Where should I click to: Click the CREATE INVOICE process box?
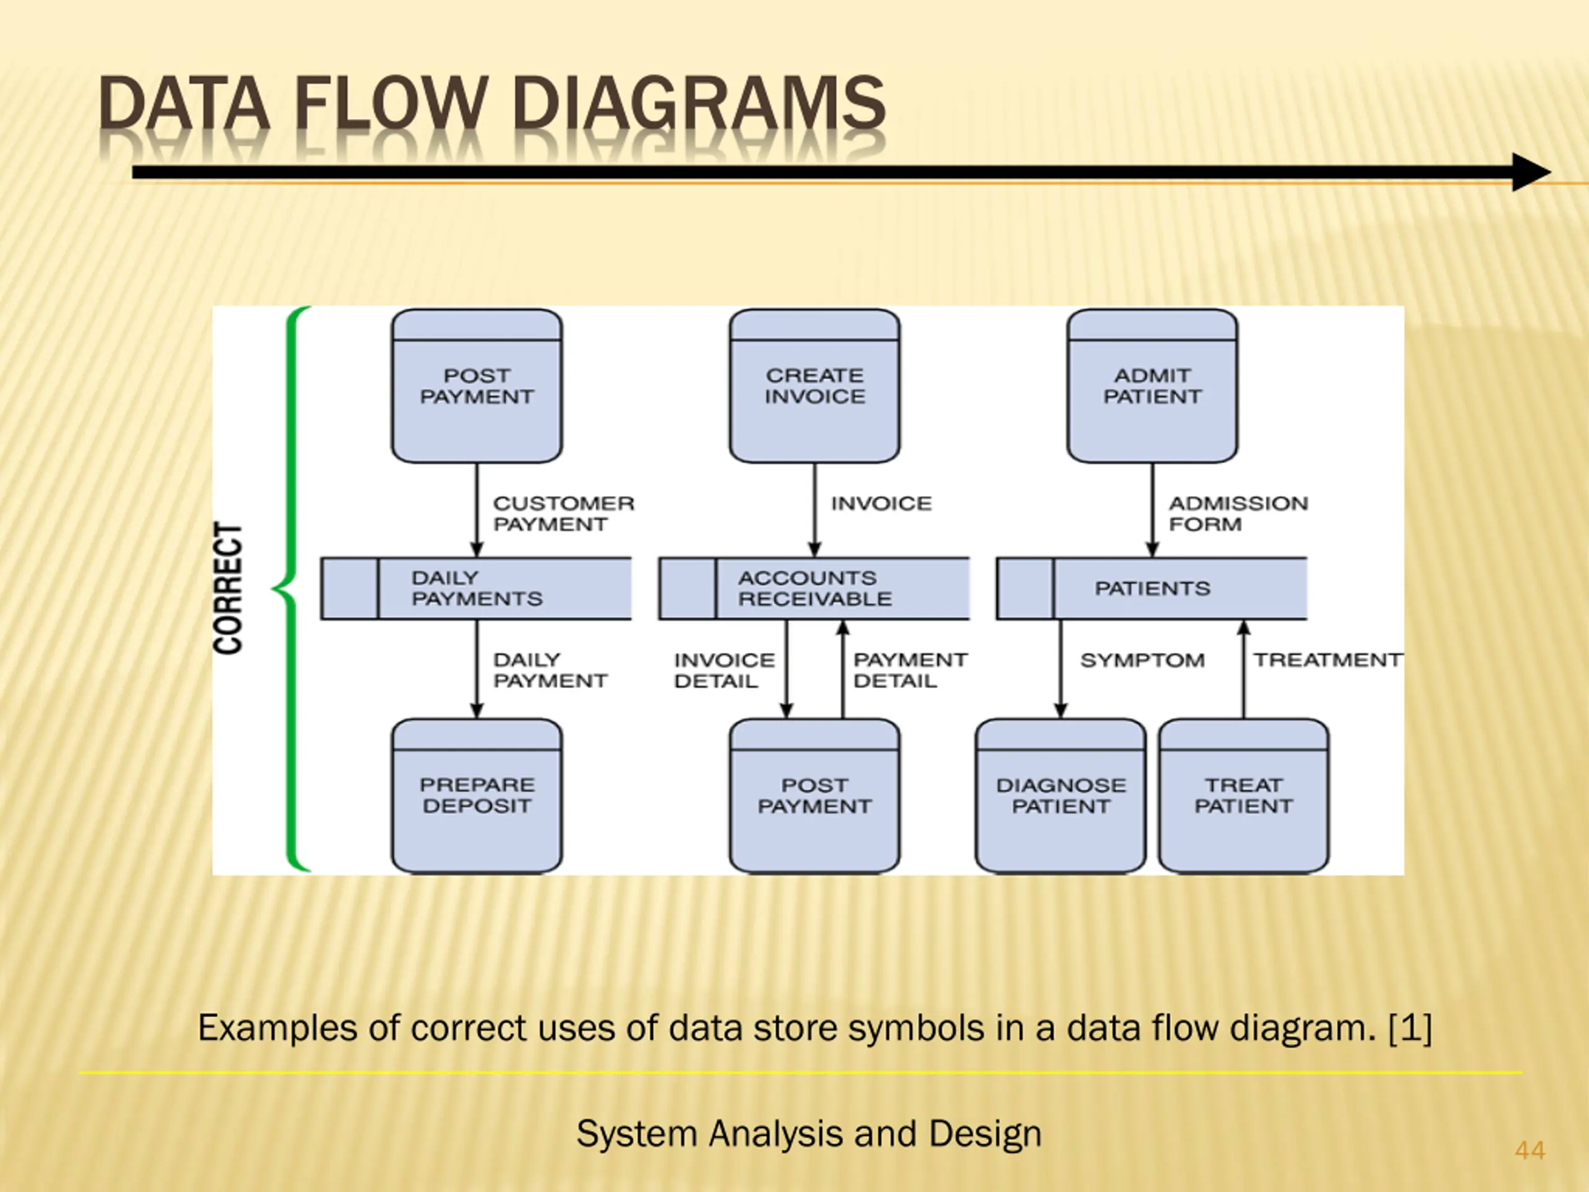(814, 386)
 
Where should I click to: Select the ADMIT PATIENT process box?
(1152, 386)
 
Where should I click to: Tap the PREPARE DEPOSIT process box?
(477, 796)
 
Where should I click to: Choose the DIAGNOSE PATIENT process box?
(1061, 796)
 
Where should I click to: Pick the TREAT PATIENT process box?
(1243, 796)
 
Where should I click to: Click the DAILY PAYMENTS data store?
(476, 589)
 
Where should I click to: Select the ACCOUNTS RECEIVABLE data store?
(814, 589)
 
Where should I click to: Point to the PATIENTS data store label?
(1152, 589)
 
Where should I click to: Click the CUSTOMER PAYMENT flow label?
(564, 513)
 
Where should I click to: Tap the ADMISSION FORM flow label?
(1238, 513)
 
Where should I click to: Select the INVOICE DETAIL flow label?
(724, 670)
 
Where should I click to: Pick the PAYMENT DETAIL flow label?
(910, 670)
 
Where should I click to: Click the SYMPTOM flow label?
(1142, 661)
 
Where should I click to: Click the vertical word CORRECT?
(228, 588)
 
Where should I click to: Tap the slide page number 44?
(1530, 1150)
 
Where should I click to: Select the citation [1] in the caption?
(1411, 1027)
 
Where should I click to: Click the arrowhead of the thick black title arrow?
(1531, 173)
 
